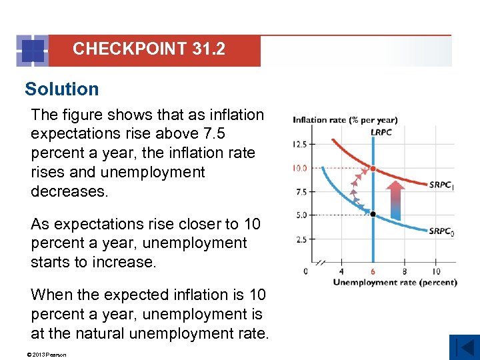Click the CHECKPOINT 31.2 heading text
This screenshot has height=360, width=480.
[x=149, y=49]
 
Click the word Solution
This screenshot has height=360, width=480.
[x=61, y=89]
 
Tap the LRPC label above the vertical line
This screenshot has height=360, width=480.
[x=381, y=132]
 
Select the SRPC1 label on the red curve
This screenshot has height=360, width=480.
[x=441, y=185]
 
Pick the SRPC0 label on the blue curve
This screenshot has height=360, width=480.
[x=441, y=231]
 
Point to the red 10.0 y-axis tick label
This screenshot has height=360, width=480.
[x=299, y=168]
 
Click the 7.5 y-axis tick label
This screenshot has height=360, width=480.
[x=301, y=192]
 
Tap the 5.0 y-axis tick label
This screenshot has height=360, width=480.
[x=301, y=215]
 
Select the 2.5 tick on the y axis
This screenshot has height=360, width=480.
[x=301, y=239]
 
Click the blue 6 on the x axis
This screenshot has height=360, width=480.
[x=373, y=271]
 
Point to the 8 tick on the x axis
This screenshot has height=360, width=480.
[x=405, y=271]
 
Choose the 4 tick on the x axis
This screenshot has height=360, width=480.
[x=341, y=271]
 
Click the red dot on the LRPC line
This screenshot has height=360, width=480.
[x=373, y=168]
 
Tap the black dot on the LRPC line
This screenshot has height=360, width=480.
[x=373, y=214]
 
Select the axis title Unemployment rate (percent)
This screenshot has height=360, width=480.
[x=395, y=283]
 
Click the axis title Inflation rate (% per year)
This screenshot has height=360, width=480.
[x=345, y=120]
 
